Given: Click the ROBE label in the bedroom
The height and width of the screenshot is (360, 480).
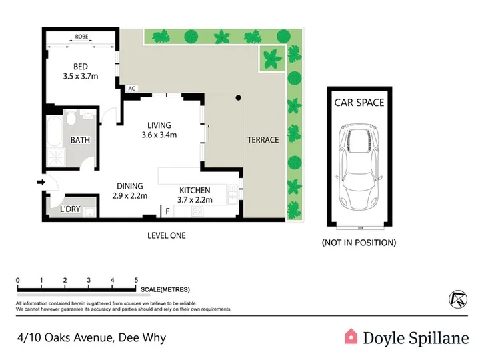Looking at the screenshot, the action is pyautogui.click(x=81, y=37).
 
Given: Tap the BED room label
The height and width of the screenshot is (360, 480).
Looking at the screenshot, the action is pyautogui.click(x=81, y=67).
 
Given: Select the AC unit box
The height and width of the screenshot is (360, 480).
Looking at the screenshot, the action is pyautogui.click(x=131, y=89).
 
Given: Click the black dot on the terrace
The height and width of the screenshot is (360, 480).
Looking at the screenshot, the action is pyautogui.click(x=238, y=97).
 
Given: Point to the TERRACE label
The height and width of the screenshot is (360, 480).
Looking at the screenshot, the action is pyautogui.click(x=263, y=140).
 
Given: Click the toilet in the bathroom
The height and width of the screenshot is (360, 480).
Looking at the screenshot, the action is pyautogui.click(x=71, y=118).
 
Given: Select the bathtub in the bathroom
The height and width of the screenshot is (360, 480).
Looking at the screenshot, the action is pyautogui.click(x=55, y=131).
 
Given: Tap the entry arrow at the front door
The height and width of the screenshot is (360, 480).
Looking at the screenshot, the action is pyautogui.click(x=41, y=183).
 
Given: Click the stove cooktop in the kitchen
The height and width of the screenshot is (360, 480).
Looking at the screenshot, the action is pyautogui.click(x=197, y=211).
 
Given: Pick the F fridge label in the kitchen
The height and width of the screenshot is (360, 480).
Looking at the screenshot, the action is pyautogui.click(x=167, y=211).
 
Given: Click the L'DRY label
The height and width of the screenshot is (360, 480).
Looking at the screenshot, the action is pyautogui.click(x=70, y=209).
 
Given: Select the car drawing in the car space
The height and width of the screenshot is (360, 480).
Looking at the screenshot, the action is pyautogui.click(x=359, y=167).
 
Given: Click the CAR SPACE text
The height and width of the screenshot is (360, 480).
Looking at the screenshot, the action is pyautogui.click(x=359, y=103).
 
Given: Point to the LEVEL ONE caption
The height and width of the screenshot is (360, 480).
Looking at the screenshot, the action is pyautogui.click(x=167, y=235).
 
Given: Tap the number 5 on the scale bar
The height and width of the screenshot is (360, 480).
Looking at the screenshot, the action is pyautogui.click(x=136, y=280).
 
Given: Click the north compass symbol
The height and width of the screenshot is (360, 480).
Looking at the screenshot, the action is pyautogui.click(x=458, y=299).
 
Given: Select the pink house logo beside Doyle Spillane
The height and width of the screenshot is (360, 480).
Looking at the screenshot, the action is pyautogui.click(x=351, y=337).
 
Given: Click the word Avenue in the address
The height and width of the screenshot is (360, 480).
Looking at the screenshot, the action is pyautogui.click(x=95, y=337).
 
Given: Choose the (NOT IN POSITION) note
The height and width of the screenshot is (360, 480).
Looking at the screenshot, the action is pyautogui.click(x=359, y=243).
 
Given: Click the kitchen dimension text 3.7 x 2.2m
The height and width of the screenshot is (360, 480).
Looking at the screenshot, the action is pyautogui.click(x=195, y=200).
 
